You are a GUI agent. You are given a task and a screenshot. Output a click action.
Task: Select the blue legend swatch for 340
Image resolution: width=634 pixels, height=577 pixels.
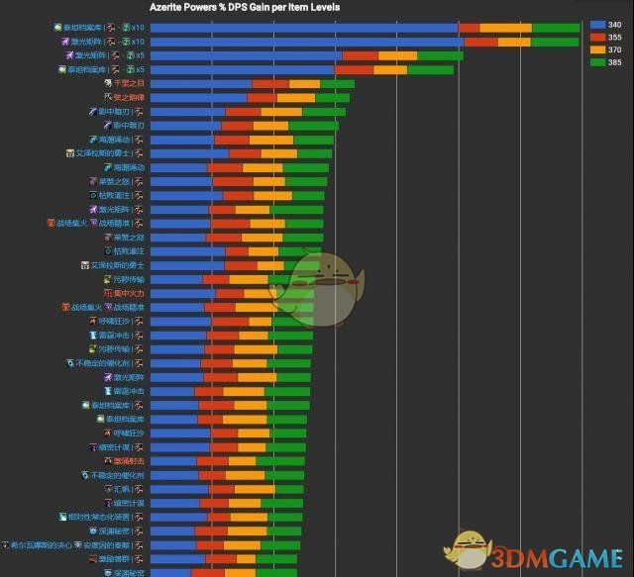597,24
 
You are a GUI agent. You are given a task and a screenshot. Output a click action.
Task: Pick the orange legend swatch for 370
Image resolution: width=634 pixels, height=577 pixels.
597,49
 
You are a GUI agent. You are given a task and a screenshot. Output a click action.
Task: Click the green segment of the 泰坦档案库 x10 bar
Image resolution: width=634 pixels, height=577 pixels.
555,28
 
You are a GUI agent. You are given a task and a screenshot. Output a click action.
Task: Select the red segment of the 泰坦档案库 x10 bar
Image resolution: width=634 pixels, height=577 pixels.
469,28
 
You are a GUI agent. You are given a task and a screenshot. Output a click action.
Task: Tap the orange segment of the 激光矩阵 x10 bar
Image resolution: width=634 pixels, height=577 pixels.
514,43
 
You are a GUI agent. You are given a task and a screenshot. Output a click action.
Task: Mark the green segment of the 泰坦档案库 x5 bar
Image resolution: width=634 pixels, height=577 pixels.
430,70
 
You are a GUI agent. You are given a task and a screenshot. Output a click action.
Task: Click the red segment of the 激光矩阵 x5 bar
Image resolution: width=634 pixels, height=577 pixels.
360,56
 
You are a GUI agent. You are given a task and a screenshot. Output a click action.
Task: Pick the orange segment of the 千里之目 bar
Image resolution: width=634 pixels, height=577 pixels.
304,84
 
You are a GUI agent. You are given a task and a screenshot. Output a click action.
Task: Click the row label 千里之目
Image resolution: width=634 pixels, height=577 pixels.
130,84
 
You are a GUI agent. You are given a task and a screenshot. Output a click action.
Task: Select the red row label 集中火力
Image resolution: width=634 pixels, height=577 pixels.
129,293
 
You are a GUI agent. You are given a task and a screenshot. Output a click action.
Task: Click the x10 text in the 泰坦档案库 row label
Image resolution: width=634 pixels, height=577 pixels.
138,28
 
